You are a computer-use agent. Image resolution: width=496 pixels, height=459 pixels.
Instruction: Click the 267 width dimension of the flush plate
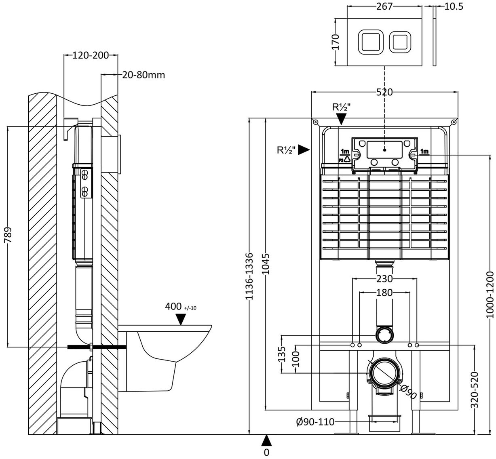point(384,6)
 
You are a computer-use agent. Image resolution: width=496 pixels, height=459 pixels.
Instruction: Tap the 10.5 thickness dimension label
point(454,7)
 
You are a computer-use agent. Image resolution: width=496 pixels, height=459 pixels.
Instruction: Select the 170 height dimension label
point(336,42)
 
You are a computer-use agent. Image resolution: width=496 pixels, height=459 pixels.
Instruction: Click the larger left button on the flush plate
point(371,42)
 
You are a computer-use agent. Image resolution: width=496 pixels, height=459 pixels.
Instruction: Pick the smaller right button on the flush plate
point(400,42)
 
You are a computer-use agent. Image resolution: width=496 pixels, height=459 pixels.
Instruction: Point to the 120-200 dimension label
point(91,55)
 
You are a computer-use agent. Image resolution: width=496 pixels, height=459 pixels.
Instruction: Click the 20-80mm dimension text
point(144,75)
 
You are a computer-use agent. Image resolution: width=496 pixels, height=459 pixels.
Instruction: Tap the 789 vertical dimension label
point(8,235)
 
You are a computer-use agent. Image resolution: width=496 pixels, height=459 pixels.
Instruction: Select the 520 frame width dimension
point(384,93)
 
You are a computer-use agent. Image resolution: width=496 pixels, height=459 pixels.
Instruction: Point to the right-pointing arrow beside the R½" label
point(304,150)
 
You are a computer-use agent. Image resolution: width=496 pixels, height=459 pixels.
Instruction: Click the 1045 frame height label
point(266,264)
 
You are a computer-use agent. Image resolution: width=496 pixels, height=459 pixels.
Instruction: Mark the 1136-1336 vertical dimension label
point(249,276)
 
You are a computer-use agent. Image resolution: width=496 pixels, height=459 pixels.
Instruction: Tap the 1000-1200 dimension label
point(490,295)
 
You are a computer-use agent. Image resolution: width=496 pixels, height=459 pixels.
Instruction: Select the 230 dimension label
point(384,278)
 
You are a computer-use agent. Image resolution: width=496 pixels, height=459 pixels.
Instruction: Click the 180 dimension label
point(384,293)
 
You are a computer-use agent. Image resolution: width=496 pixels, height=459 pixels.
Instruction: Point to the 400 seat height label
point(173,306)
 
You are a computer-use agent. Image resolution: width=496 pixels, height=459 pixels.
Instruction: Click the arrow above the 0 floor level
point(266,440)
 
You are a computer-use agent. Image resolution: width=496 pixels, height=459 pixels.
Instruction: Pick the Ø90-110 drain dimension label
point(315,422)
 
